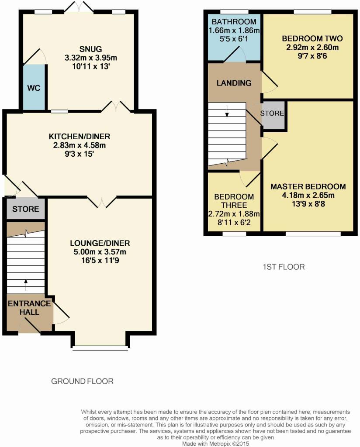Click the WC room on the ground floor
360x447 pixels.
(34, 87)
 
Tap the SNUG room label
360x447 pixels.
(91, 49)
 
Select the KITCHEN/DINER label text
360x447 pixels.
(80, 136)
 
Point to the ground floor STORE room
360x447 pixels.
(26, 209)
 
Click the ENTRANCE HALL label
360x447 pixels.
(29, 308)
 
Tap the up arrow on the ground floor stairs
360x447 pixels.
(26, 285)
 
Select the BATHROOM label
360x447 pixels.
(234, 21)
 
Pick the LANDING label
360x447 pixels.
(234, 83)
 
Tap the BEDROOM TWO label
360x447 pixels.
(312, 38)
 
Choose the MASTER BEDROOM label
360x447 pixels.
(308, 186)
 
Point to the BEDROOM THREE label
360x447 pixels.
(234, 201)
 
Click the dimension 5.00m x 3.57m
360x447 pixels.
(100, 252)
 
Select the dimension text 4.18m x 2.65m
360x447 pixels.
(308, 195)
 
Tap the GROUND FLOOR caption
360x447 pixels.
(82, 381)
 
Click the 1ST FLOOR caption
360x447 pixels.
(284, 267)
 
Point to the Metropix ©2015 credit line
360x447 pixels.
(216, 444)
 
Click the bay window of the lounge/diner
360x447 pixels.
(100, 348)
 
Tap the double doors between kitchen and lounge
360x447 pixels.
(102, 202)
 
